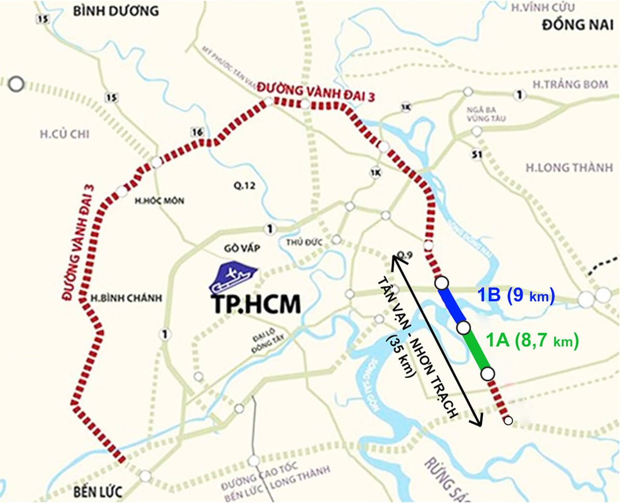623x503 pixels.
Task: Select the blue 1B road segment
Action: [453, 305]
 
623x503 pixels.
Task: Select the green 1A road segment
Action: [475, 351]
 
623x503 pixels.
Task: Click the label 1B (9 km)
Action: [516, 295]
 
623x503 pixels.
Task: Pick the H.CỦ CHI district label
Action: [64, 135]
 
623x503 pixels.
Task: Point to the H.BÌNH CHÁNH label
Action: [119, 299]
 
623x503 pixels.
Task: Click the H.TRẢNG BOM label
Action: [571, 84]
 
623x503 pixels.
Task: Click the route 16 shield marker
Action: [196, 132]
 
